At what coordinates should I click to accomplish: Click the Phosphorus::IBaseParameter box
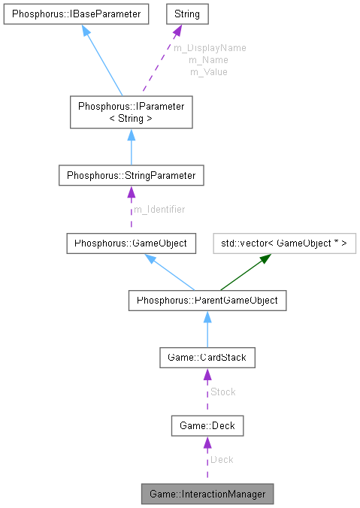76,14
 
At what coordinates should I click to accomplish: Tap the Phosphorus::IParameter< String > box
131,111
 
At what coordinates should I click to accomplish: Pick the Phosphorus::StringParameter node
131,175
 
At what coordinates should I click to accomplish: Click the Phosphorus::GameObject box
132,243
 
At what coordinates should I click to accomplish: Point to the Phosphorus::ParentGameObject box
207,301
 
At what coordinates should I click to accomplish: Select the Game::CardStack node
207,358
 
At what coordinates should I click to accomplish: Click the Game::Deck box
207,426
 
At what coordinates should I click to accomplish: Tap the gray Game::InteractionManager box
207,494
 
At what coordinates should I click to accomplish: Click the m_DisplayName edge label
210,47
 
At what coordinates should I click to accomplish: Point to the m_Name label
208,59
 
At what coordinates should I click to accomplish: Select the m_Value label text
208,71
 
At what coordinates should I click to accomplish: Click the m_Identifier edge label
159,209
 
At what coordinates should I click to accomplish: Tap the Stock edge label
222,392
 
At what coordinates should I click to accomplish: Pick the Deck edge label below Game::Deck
222,459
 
